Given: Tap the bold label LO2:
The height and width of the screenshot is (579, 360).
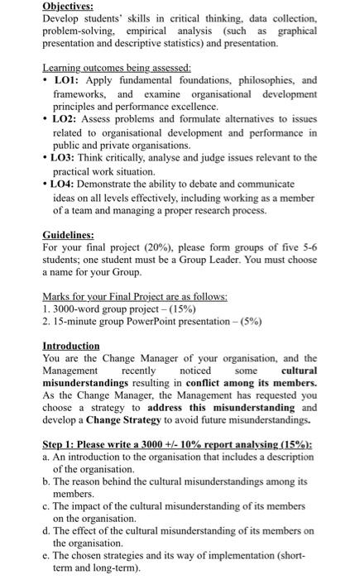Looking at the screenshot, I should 70,120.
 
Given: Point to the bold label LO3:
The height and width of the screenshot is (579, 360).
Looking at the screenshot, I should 70,157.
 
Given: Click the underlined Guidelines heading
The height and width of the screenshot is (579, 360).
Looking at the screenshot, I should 70,234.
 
